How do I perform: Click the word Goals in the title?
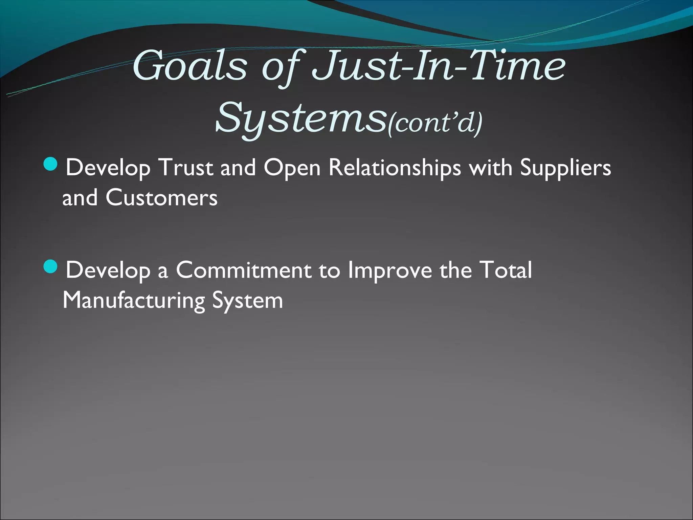[189, 66]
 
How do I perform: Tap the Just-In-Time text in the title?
[438, 66]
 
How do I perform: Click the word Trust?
[186, 167]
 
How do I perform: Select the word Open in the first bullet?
[292, 168]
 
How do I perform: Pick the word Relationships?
[395, 168]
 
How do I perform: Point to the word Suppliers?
[565, 168]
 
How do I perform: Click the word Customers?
[161, 198]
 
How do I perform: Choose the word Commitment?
[244, 270]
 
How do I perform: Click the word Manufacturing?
[134, 301]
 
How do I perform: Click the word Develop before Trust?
[108, 168]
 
